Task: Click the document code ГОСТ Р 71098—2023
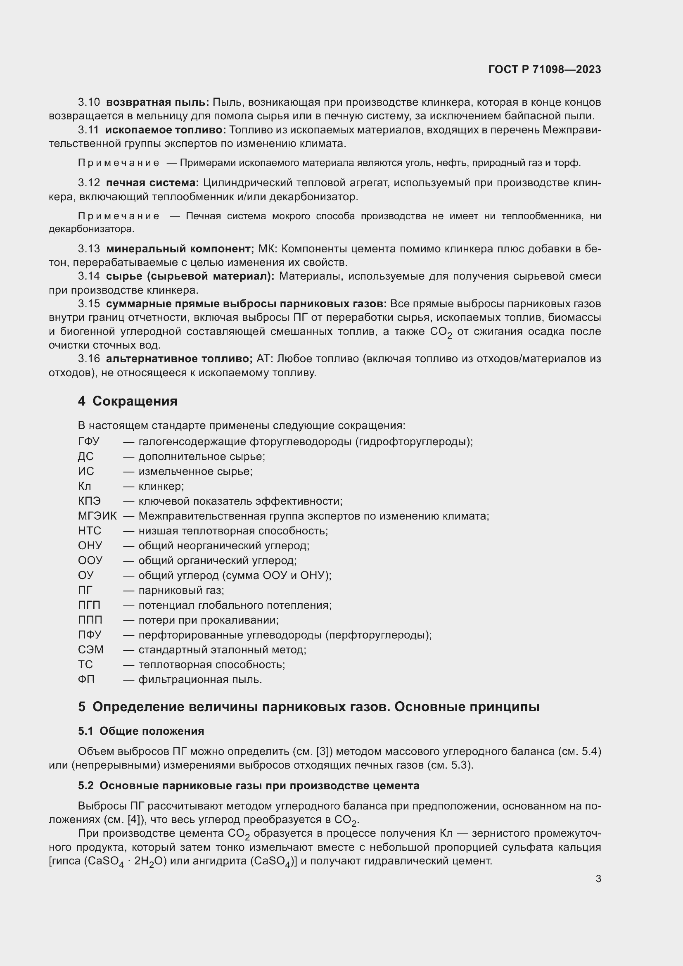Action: coord(545,69)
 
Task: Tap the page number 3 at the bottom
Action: coord(598,878)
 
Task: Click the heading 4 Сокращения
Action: coord(128,401)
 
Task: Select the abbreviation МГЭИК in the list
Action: coord(97,516)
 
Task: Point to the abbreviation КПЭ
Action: coord(89,501)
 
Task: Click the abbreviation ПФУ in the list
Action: coord(90,635)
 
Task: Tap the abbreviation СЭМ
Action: coord(90,650)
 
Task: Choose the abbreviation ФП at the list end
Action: coord(86,679)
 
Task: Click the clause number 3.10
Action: coord(89,102)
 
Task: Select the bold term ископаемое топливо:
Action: coord(166,130)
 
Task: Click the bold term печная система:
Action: coord(152,183)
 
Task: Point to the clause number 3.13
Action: coord(89,249)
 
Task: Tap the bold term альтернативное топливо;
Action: coord(179,359)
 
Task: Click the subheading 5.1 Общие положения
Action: coord(141,731)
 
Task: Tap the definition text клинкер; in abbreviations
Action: coord(161,487)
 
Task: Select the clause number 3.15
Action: coord(89,304)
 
